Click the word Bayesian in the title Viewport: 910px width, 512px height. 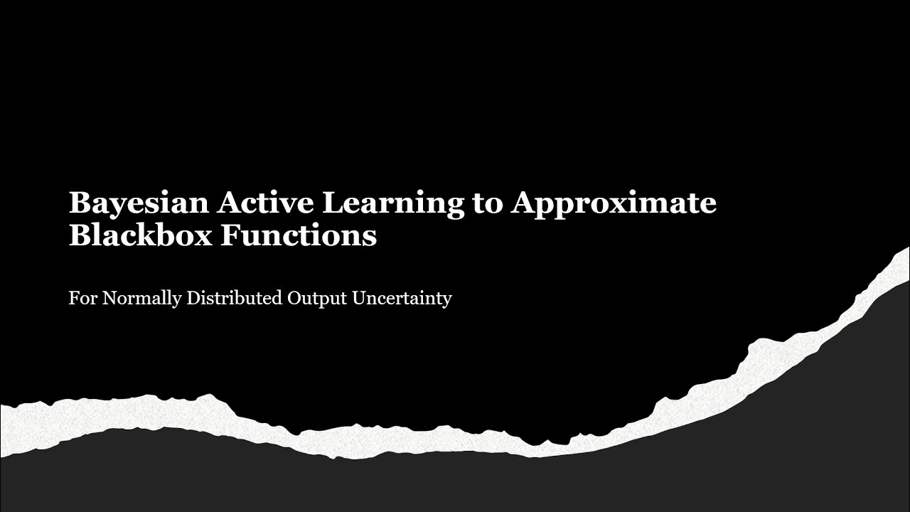[x=138, y=203]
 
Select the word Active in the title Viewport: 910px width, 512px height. [x=264, y=203]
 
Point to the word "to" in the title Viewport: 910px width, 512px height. [x=488, y=203]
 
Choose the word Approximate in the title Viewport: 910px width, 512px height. [x=614, y=203]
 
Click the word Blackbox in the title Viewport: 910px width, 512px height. [x=140, y=235]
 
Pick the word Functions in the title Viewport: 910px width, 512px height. [x=299, y=235]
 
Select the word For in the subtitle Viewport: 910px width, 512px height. [x=83, y=298]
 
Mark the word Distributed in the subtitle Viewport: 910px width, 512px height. [x=234, y=298]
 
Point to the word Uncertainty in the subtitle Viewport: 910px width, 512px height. [x=402, y=299]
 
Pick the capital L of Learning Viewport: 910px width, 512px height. [x=332, y=203]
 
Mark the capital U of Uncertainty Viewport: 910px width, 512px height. [x=359, y=298]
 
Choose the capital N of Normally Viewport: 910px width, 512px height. [x=109, y=298]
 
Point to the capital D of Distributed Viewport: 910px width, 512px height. [x=193, y=298]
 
